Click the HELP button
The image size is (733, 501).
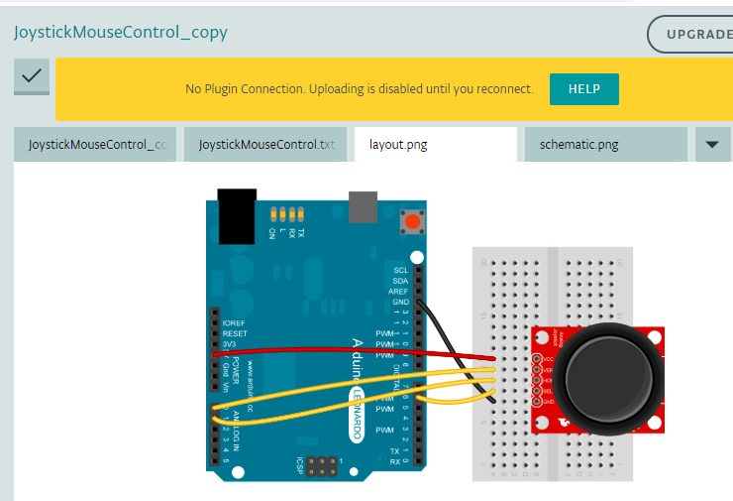coord(583,89)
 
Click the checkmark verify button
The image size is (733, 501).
coord(32,76)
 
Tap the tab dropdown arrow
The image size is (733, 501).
coord(711,145)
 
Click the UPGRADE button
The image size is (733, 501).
coord(693,34)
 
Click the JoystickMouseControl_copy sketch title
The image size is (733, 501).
coord(120,32)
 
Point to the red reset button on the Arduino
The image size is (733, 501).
coord(410,221)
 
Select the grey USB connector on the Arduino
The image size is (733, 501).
coord(363,207)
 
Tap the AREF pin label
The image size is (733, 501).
coord(399,291)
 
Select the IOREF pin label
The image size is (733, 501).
coord(234,323)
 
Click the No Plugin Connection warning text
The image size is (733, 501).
coord(359,89)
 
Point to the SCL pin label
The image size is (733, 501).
coord(400,270)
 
